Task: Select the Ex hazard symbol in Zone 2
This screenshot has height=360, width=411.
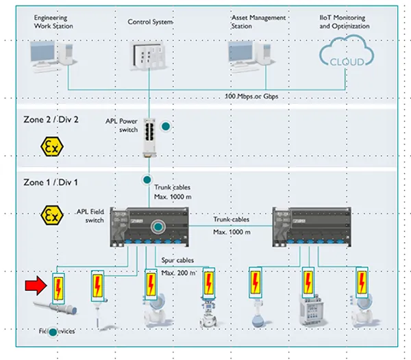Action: pos(51,146)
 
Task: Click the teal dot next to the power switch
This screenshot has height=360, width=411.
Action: pos(165,127)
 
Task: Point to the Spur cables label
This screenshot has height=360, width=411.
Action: pos(178,261)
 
